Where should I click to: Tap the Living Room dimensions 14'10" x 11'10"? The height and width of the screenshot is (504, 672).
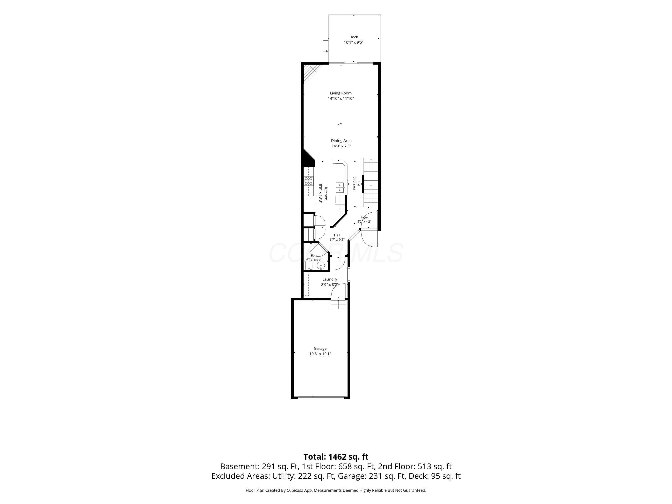pos(341,98)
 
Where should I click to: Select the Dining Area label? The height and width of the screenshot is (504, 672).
pos(341,141)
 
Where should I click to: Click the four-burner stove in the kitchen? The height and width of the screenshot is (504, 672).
pos(309,181)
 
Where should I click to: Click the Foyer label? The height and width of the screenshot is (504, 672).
pos(364,218)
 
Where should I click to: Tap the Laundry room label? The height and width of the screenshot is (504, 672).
pos(330,279)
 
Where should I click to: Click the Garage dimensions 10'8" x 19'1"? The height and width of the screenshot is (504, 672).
pos(320,354)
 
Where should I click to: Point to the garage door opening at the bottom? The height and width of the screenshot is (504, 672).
pos(321,397)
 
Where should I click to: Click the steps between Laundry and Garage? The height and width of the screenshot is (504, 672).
pos(338,304)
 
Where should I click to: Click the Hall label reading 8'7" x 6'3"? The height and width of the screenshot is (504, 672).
pos(337,237)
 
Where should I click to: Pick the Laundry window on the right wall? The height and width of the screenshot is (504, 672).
pos(349,274)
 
